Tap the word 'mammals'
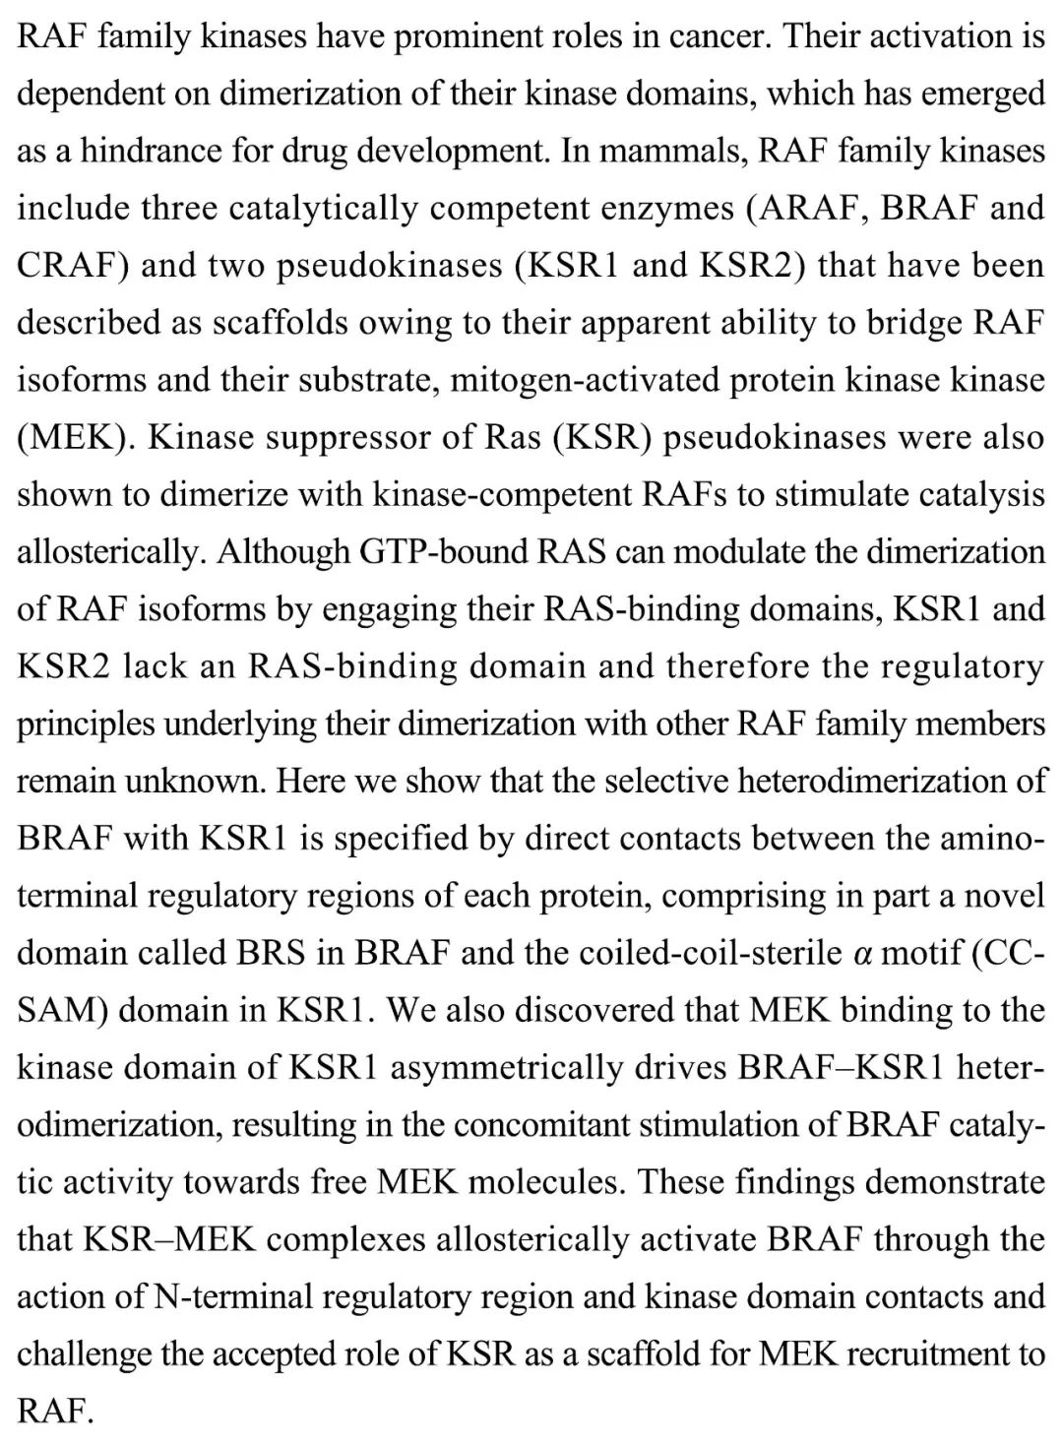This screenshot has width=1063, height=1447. (x=670, y=151)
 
